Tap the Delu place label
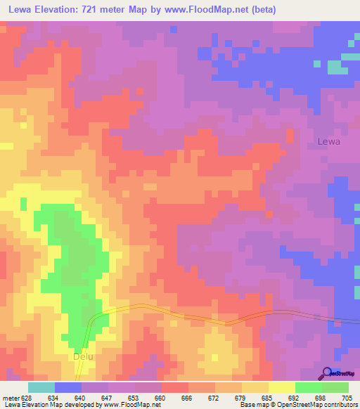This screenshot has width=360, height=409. tap(83, 356)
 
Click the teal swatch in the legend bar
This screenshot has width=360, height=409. tap(41, 387)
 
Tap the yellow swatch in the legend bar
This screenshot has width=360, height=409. tap(282, 387)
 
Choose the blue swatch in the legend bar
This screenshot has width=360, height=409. tap(68, 387)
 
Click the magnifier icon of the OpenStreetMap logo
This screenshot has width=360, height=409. tap(326, 373)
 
